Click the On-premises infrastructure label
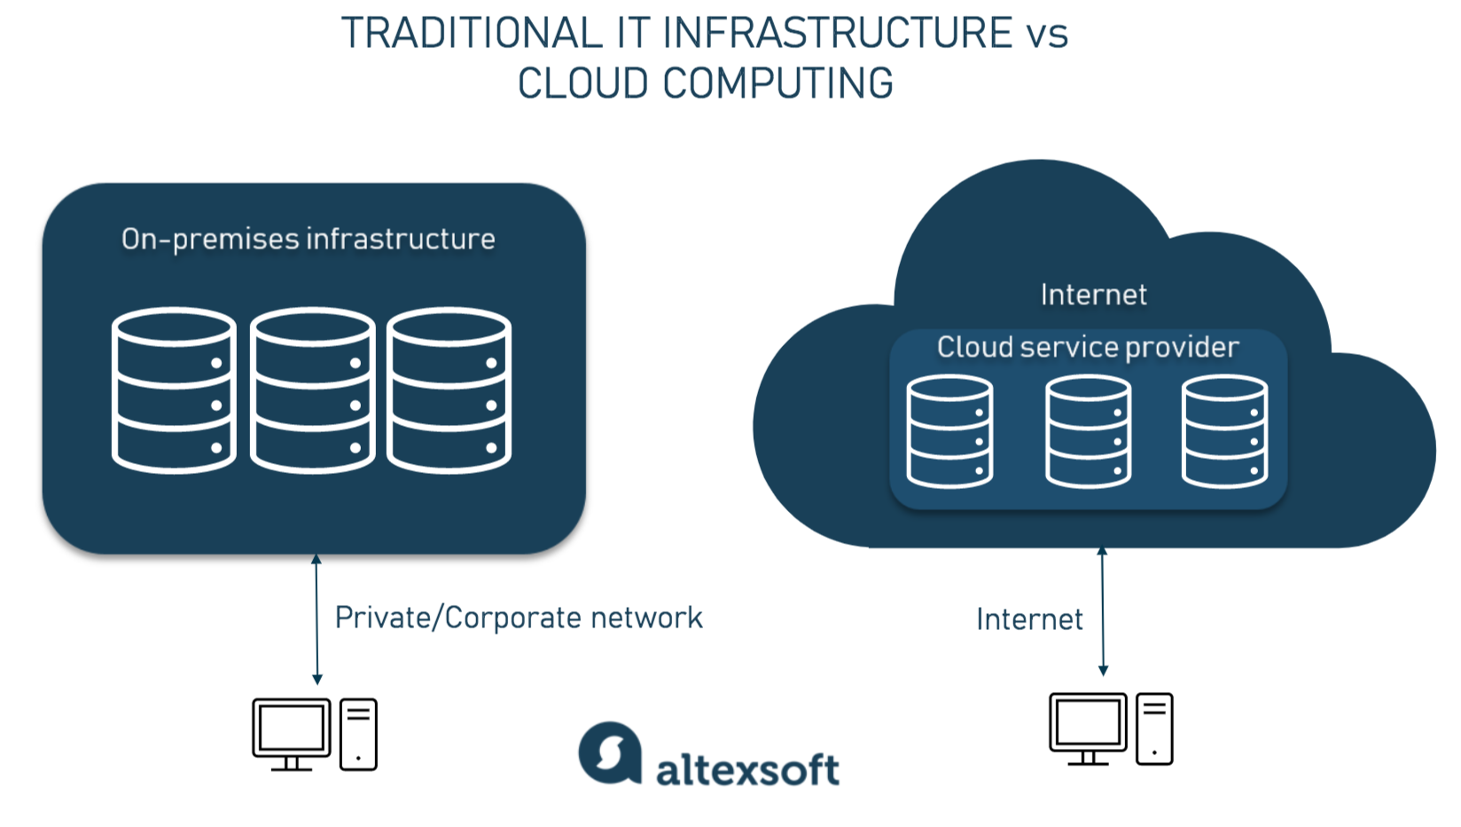(308, 239)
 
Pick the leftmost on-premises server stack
(174, 390)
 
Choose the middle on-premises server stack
(312, 390)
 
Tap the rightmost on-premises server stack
(449, 390)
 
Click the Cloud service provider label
(1088, 347)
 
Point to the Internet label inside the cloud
(1093, 295)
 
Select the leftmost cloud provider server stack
(949, 432)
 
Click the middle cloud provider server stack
(1088, 432)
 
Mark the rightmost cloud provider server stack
(1224, 432)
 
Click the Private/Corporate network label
(519, 618)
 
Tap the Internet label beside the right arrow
(1029, 619)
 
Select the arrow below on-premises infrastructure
(316, 619)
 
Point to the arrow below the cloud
(1103, 611)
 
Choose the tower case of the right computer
(1154, 729)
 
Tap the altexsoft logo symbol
(610, 753)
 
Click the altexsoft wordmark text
(747, 769)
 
